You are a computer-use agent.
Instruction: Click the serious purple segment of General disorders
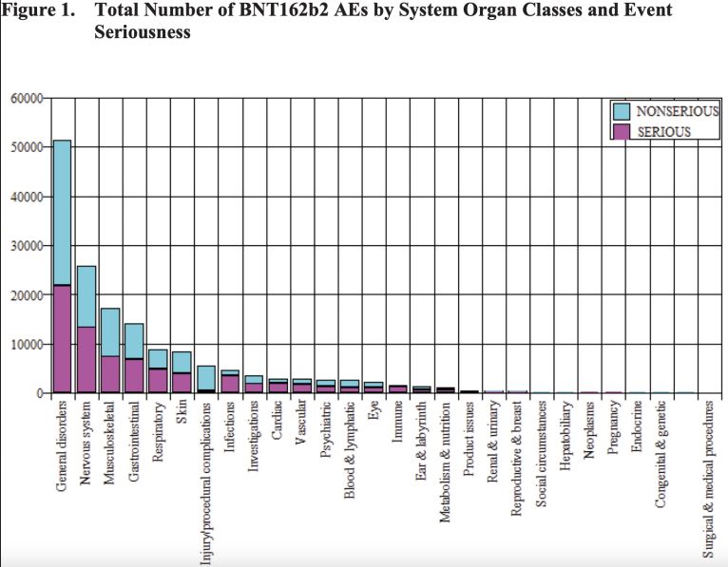click(62, 338)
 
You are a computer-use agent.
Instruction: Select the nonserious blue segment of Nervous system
click(86, 296)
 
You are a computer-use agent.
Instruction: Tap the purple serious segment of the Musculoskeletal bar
click(110, 374)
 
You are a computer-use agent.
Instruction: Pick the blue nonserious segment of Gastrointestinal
click(134, 341)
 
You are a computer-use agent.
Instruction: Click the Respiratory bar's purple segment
click(158, 381)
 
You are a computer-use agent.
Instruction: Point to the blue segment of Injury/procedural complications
click(205, 377)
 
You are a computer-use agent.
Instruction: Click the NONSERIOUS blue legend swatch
click(622, 112)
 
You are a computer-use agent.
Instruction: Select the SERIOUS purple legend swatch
click(622, 131)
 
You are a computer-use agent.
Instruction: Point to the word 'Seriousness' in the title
click(142, 32)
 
